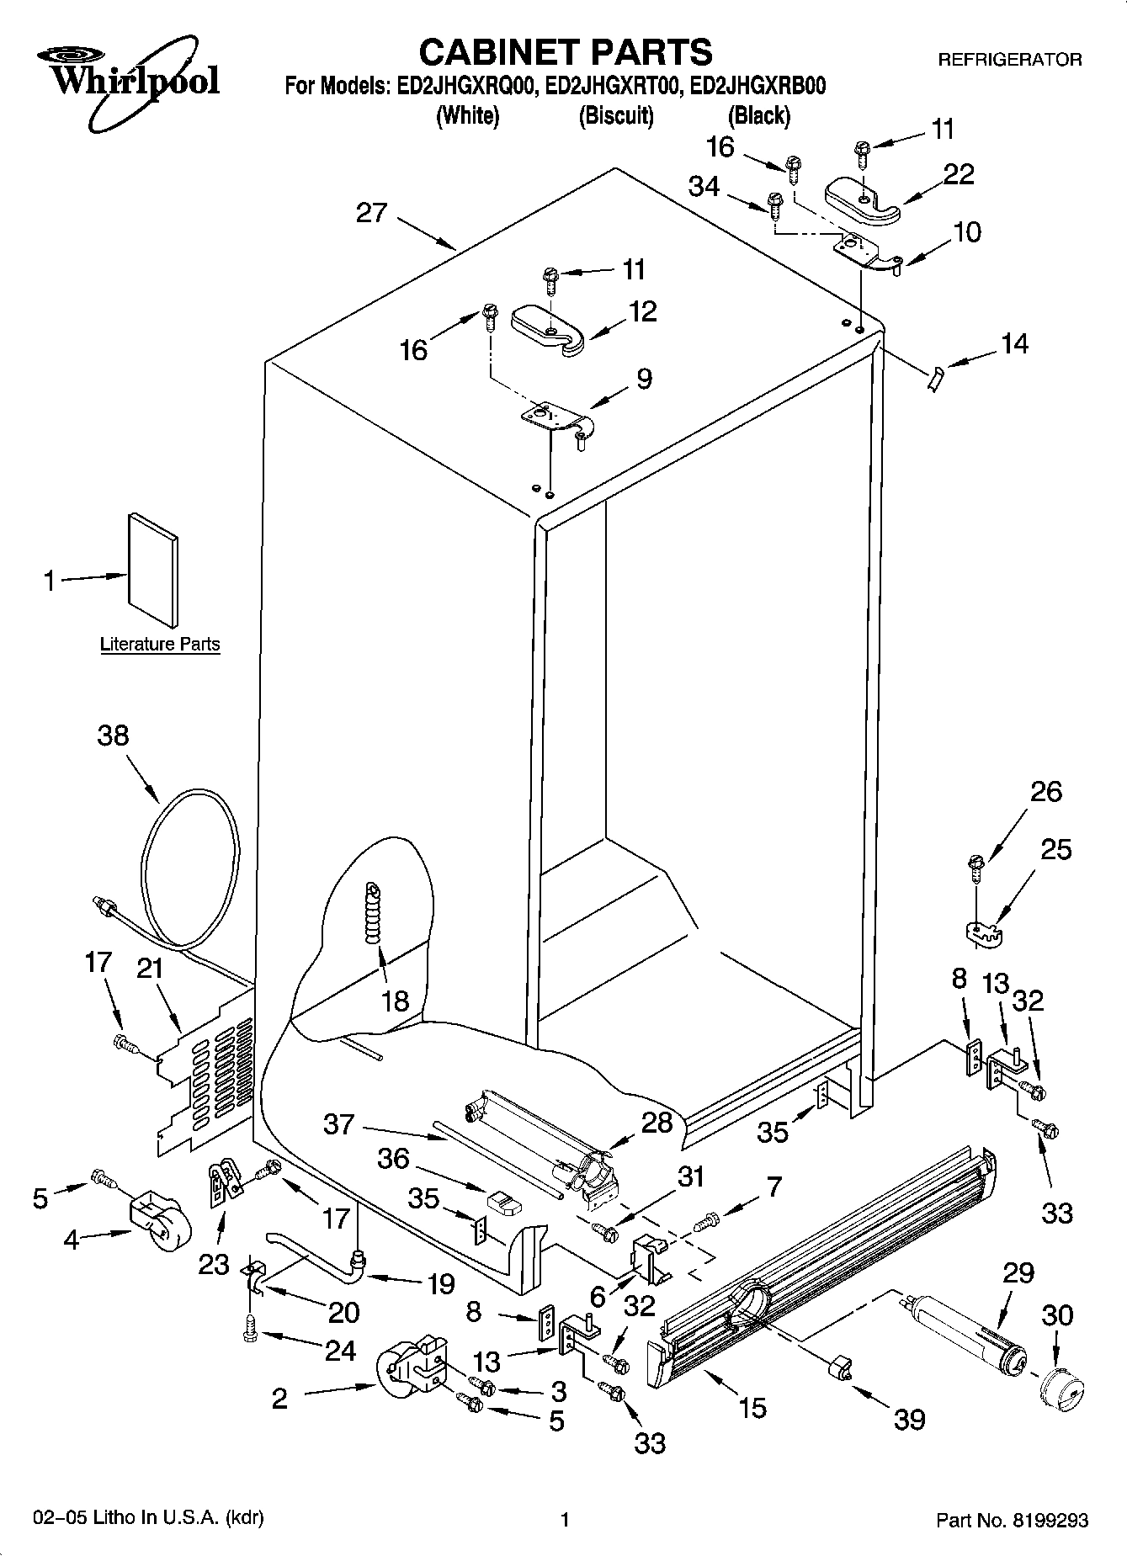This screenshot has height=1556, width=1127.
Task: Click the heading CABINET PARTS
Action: pyautogui.click(x=565, y=51)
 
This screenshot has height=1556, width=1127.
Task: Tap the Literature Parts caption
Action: pyautogui.click(x=160, y=645)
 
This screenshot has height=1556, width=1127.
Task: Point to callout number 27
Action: pyautogui.click(x=371, y=212)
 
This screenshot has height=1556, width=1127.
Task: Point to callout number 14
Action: pyautogui.click(x=1013, y=343)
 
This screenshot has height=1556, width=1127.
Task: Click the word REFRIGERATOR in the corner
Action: pyautogui.click(x=1009, y=60)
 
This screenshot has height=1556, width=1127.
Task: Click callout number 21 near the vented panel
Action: pyautogui.click(x=149, y=969)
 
